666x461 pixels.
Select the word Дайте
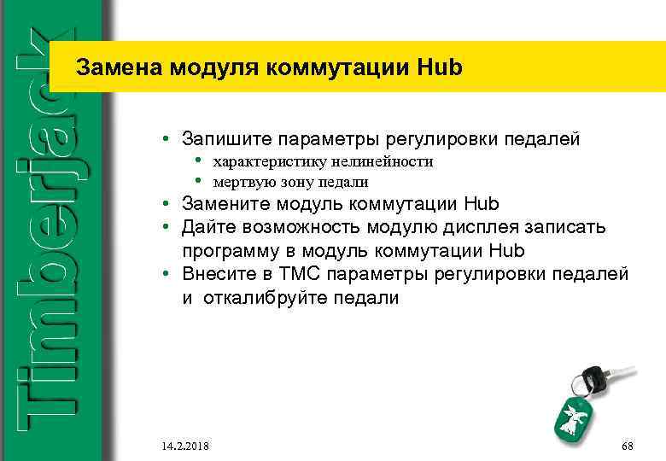pyautogui.click(x=207, y=228)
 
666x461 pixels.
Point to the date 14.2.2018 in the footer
pyautogui.click(x=184, y=446)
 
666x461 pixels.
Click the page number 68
pyautogui.click(x=628, y=446)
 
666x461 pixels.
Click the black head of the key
pyautogui.click(x=591, y=376)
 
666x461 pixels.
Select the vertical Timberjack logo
pyautogui.click(x=49, y=230)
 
